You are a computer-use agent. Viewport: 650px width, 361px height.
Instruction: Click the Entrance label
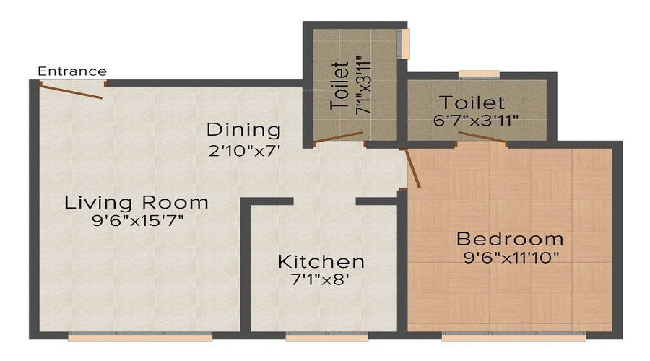pos(72,71)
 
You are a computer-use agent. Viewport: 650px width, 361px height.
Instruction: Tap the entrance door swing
pos(71,90)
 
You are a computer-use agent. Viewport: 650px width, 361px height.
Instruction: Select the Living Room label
pos(136,202)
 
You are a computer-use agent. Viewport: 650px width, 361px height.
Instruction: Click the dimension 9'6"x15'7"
pos(136,220)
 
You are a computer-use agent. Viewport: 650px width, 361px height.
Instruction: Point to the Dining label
pos(243,130)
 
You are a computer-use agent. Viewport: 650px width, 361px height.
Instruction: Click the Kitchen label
pos(321,261)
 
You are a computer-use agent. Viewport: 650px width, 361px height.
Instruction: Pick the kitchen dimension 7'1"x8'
pos(321,279)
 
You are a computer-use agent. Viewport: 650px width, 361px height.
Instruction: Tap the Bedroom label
pos(510,239)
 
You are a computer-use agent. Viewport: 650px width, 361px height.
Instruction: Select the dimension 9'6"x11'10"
pos(510,257)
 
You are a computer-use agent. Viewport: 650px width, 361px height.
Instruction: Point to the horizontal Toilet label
pos(474,103)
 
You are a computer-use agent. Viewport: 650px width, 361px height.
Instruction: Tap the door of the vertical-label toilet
pos(338,138)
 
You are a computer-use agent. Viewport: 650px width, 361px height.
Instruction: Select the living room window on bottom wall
pos(140,336)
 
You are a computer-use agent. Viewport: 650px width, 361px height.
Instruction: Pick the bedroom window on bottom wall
pos(513,336)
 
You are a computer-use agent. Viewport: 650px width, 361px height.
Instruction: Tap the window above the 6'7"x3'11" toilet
pos(479,73)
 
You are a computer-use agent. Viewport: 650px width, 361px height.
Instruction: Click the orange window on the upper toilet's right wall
pos(406,43)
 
